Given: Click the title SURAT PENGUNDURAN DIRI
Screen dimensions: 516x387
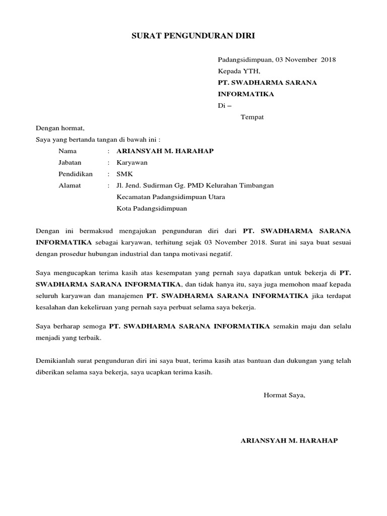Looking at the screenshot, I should pyautogui.click(x=193, y=36).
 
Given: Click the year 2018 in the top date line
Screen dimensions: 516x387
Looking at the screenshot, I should pyautogui.click(x=327, y=59).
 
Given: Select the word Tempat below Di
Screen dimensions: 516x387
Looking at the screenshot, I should pyautogui.click(x=252, y=117).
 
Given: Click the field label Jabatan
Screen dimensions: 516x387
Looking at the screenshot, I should pyautogui.click(x=70, y=163).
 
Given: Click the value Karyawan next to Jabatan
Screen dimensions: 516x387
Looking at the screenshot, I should pyautogui.click(x=132, y=163).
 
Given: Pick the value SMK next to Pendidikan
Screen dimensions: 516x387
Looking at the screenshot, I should pyautogui.click(x=124, y=174).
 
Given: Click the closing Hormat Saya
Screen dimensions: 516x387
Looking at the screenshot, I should pyautogui.click(x=285, y=395).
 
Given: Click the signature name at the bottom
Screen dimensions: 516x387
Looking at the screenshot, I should pyautogui.click(x=290, y=440).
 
